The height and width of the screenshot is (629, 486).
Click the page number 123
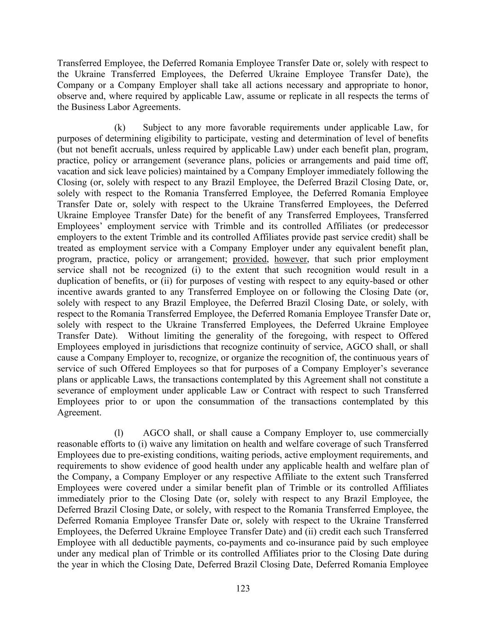pos(243,588)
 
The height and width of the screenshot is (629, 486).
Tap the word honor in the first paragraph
pos(418,85)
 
